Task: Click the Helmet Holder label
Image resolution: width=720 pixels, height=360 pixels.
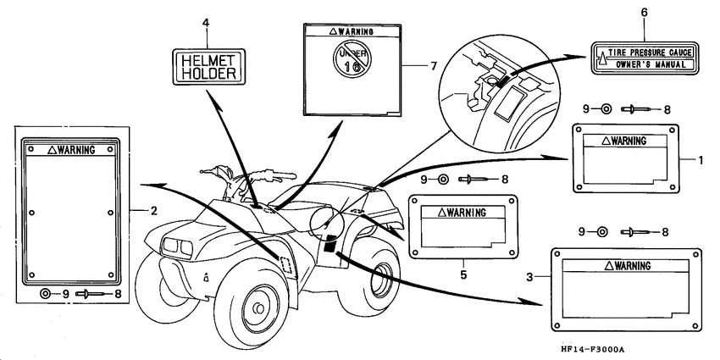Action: pos(208,67)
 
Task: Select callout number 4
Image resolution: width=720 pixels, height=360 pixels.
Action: pos(206,23)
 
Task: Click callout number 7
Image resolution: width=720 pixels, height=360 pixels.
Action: pos(433,66)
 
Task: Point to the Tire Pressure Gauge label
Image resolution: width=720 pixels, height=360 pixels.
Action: pos(645,58)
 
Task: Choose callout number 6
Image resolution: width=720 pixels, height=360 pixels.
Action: pos(645,13)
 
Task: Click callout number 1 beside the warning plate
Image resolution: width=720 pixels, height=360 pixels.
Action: pos(701,160)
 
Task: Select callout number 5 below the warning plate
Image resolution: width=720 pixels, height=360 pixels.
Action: pos(464,274)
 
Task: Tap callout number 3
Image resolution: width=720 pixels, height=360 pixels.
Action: pos(530,277)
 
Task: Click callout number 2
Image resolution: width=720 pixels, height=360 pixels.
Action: pos(154,211)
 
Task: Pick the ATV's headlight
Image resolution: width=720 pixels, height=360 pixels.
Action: pos(178,247)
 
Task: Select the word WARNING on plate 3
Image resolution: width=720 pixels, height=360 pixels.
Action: pos(629,265)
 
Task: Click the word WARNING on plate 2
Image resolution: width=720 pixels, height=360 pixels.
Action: pos(71,150)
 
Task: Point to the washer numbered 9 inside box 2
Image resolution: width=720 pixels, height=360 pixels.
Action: pos(45,294)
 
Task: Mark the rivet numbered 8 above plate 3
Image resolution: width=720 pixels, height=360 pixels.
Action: pos(638,233)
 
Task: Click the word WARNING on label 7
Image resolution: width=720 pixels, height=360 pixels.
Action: pos(352,31)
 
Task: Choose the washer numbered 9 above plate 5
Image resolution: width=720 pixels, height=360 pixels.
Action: pos(443,180)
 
